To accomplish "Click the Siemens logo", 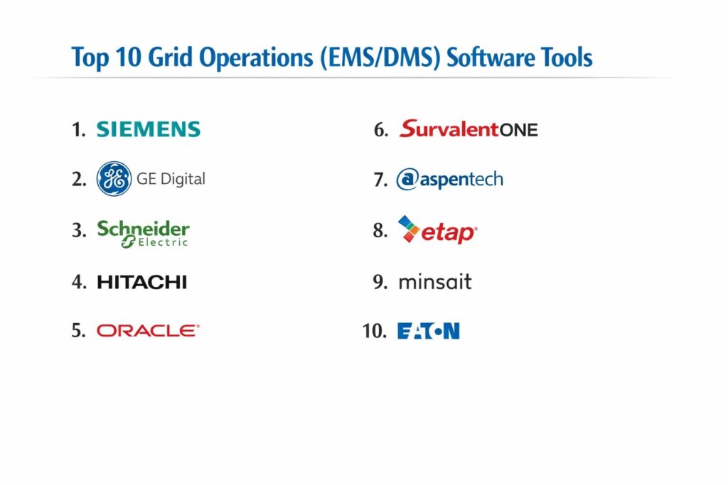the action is [x=148, y=129].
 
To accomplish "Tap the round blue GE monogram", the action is [x=114, y=178].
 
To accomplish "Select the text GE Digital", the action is [x=171, y=179].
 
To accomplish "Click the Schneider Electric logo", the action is [x=143, y=234].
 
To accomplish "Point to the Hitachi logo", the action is [x=141, y=282].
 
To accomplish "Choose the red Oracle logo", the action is [x=148, y=331].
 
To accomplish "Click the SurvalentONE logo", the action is [x=469, y=129].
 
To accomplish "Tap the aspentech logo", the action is [x=449, y=179].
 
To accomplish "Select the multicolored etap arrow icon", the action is [x=408, y=229].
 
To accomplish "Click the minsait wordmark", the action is [x=435, y=281].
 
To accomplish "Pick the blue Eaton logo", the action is [x=429, y=331].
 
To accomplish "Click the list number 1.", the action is [x=78, y=129].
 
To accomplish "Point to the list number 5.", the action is [x=78, y=331].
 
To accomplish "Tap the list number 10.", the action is [x=374, y=331].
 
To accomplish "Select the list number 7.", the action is [x=381, y=180].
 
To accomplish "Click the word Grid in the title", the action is [x=170, y=58].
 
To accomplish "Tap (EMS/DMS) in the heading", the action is [x=380, y=58].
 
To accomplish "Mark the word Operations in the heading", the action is [x=256, y=58].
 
